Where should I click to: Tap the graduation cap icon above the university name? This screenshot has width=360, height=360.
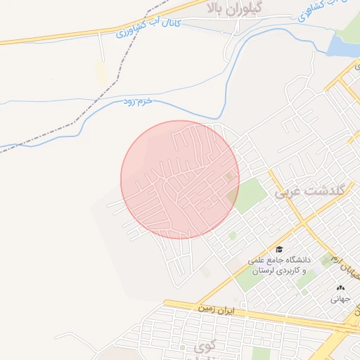click(x=279, y=249)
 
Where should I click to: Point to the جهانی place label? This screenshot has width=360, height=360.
click(x=341, y=299)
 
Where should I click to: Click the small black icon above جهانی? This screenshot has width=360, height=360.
click(x=341, y=288)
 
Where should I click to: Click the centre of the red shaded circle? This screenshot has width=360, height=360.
click(x=180, y=179)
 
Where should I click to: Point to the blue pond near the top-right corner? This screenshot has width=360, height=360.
click(x=343, y=46)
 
